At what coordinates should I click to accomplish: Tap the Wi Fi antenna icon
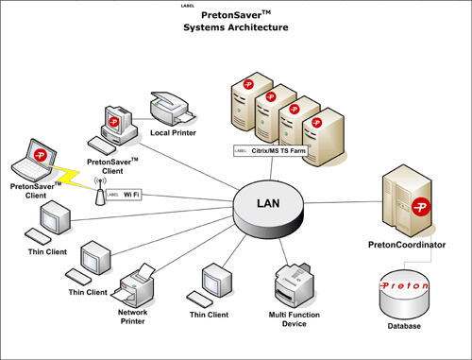(x=96, y=195)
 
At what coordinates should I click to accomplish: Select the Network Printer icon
(x=132, y=283)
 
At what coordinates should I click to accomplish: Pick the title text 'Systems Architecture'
(x=235, y=28)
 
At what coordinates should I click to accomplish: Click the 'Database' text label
(x=404, y=326)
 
